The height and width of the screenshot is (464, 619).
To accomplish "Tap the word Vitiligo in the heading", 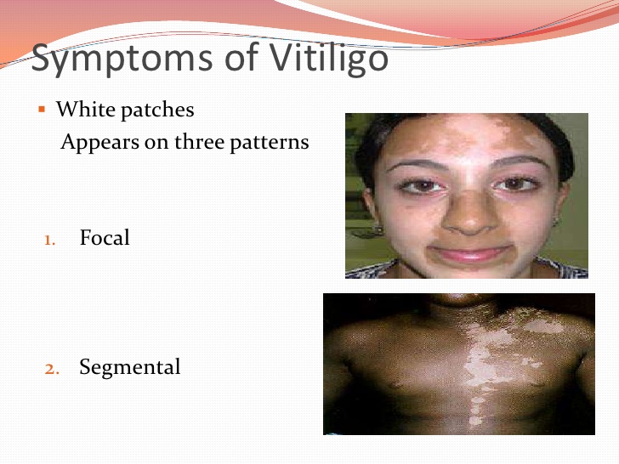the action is click(x=329, y=58).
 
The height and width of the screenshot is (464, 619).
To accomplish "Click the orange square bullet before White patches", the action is click(x=42, y=110).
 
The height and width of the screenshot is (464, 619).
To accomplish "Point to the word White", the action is click(x=86, y=109).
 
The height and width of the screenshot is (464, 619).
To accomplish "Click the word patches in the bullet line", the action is click(x=157, y=110).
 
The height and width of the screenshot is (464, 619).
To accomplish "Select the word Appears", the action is click(x=99, y=143).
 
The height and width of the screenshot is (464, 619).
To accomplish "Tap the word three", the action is click(x=199, y=141).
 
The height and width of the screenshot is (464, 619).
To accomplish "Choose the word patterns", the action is click(x=270, y=143).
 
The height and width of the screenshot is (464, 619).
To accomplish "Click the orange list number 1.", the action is click(x=49, y=240).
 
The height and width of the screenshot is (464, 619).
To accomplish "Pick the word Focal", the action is click(x=105, y=238).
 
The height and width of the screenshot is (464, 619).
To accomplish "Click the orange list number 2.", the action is click(x=52, y=370).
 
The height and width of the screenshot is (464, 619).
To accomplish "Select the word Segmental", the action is click(x=130, y=368).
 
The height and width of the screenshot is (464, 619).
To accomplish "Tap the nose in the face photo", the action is click(x=469, y=213).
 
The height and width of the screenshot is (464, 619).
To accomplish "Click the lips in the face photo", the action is click(x=470, y=253).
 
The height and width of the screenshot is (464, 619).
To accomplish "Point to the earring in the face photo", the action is click(x=378, y=229).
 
